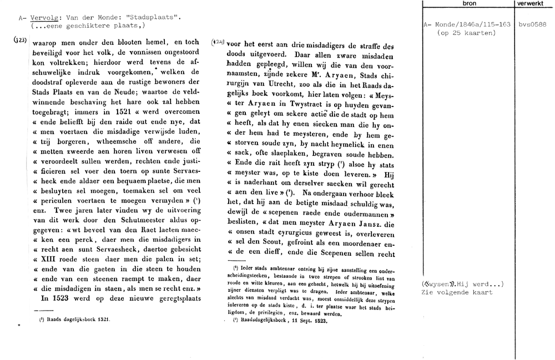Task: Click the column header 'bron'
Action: pyautogui.click(x=469, y=3)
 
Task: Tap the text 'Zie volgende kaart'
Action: pyautogui.click(x=457, y=292)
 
